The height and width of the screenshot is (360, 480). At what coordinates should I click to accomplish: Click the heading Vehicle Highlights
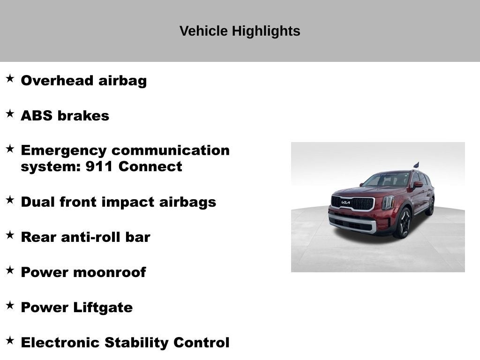[x=240, y=31]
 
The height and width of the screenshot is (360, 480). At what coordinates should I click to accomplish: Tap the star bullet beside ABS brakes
[x=10, y=113]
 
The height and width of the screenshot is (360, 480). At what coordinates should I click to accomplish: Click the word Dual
[x=37, y=202]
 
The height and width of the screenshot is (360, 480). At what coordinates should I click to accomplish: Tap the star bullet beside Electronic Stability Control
[x=10, y=340]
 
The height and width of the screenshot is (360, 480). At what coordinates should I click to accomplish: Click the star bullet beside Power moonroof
[x=10, y=270]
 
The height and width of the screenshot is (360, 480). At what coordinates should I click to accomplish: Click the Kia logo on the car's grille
[x=345, y=202]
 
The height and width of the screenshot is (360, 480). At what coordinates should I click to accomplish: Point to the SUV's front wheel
[x=403, y=223]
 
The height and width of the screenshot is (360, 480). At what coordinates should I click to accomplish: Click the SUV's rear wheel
[x=430, y=206]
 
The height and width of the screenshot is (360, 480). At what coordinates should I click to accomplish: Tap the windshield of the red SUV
[x=387, y=180]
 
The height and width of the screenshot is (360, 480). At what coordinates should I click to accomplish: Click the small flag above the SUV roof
[x=416, y=165]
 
